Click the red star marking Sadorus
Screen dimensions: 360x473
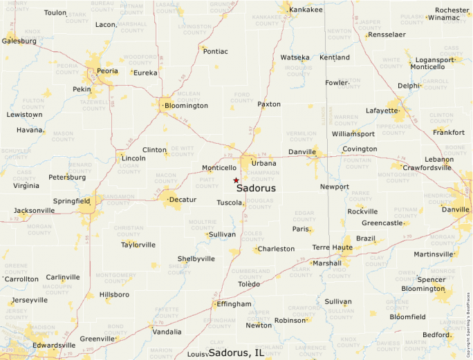point(236,180)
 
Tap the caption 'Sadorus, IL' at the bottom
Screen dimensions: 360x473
point(236,352)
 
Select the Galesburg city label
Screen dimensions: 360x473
point(19,41)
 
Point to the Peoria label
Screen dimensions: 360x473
point(106,71)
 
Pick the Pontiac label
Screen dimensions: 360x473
point(215,51)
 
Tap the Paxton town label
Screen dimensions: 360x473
point(269,104)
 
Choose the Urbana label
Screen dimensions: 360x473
point(263,163)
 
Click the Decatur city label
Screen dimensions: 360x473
point(183,200)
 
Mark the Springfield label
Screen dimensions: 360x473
point(72,201)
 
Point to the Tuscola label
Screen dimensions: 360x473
point(229,202)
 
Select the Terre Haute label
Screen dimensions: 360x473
point(332,247)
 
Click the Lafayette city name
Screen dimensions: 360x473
point(382,110)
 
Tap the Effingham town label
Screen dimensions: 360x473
point(234,303)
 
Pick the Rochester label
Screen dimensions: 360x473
point(452,10)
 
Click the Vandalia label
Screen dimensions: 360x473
point(167,332)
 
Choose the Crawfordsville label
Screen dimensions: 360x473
point(427,168)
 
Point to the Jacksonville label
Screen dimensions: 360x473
point(34,210)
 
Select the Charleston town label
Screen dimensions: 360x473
point(276,249)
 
